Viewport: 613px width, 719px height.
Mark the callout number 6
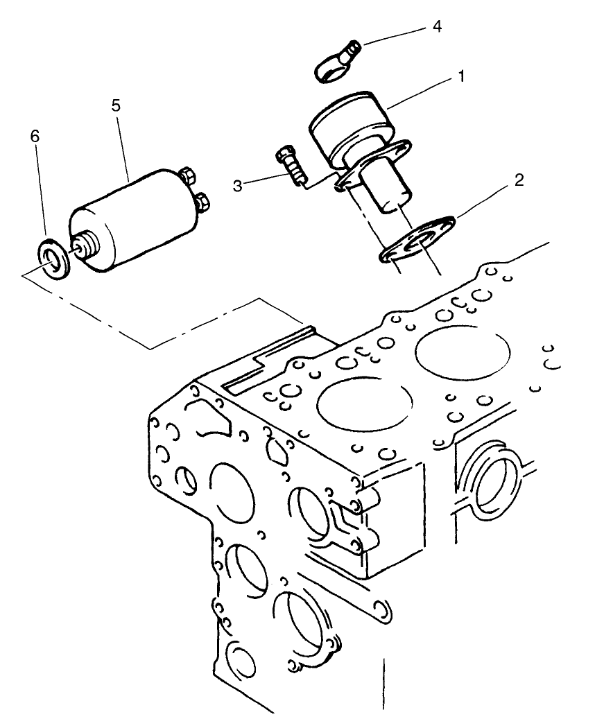(x=35, y=136)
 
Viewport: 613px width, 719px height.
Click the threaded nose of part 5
(x=85, y=245)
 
